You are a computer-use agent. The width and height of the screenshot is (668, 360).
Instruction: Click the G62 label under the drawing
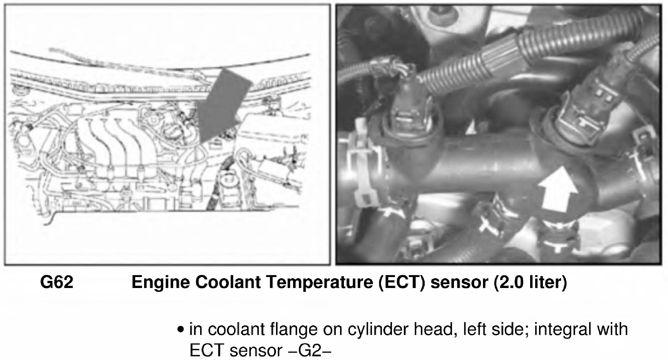click(57, 282)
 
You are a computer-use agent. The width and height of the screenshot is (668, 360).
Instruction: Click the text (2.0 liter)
click(530, 282)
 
